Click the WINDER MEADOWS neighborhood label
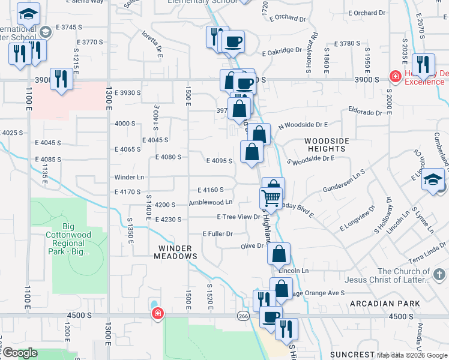click(x=178, y=252)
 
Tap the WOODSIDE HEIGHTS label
click(x=327, y=145)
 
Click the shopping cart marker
click(x=271, y=197)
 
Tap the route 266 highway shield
click(x=243, y=316)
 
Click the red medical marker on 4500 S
click(x=157, y=314)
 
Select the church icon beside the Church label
click(x=440, y=275)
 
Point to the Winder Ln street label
click(x=130, y=178)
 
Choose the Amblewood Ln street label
click(x=211, y=203)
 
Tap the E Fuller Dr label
click(x=217, y=233)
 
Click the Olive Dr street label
click(x=252, y=246)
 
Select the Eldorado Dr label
click(x=366, y=112)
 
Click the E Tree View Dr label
click(x=238, y=217)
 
